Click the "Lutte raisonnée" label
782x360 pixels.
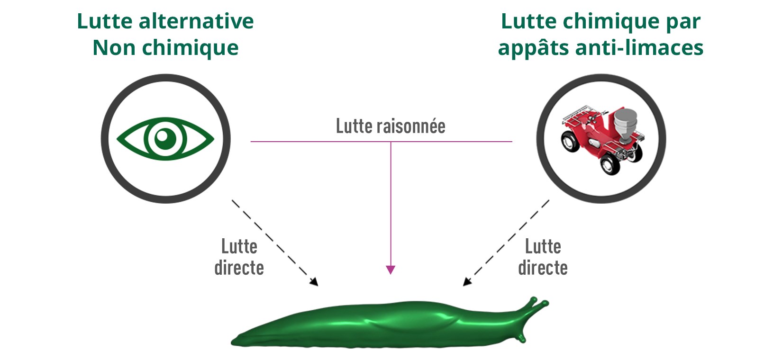[391, 126]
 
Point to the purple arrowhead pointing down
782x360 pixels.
[391, 270]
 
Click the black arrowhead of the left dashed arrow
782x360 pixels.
[314, 282]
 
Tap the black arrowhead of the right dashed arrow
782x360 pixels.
[467, 281]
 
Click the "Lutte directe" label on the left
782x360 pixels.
[239, 257]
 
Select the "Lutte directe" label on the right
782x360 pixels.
[543, 257]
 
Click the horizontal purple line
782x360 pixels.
[322, 141]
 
